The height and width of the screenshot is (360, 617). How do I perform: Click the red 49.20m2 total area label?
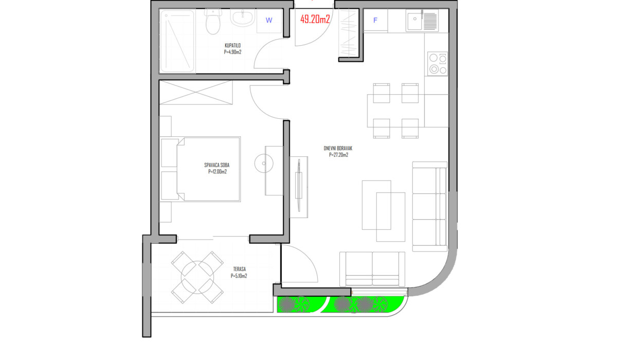(x=315, y=19)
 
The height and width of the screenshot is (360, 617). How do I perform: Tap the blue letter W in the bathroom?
(x=269, y=20)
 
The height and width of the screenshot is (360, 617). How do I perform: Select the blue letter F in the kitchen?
(x=375, y=20)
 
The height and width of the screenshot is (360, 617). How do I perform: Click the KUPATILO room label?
(x=233, y=45)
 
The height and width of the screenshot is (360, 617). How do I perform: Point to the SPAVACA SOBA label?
(x=217, y=165)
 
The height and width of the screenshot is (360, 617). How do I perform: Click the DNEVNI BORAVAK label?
(x=338, y=148)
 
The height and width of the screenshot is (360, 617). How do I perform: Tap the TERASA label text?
(x=240, y=269)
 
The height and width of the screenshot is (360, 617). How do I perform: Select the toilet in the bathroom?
(x=213, y=22)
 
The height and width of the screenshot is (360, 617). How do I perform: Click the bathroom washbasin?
(x=243, y=17)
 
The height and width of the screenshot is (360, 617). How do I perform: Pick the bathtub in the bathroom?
(x=177, y=41)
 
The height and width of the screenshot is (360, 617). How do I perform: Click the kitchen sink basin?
(x=414, y=21)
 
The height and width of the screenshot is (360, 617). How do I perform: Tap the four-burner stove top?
(x=438, y=64)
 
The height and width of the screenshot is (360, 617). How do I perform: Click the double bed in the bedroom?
(x=200, y=169)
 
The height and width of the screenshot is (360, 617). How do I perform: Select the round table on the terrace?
(x=197, y=277)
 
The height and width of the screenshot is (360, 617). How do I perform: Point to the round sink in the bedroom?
(x=264, y=164)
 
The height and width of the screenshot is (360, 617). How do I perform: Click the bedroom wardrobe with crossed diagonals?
(x=196, y=93)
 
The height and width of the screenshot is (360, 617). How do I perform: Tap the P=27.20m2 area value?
(x=338, y=155)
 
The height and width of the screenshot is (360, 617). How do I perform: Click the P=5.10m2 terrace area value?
(x=239, y=276)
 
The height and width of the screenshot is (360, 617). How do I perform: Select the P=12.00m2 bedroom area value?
(x=217, y=172)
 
